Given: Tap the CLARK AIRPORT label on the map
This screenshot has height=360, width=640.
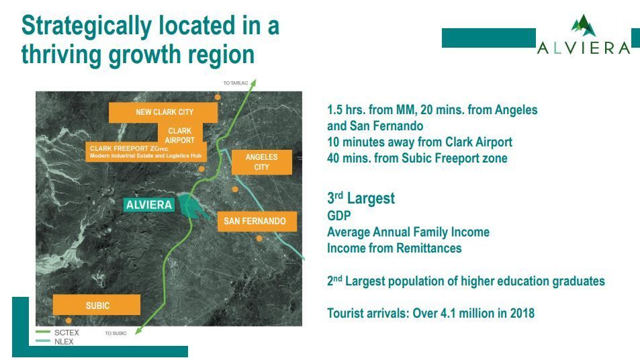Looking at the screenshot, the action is coord(179,135).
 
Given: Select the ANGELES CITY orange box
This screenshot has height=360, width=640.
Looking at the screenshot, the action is coord(262,162).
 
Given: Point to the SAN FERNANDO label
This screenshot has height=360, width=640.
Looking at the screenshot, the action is coord(257,221).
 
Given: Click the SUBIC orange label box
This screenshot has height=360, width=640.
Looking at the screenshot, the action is coord(97,305).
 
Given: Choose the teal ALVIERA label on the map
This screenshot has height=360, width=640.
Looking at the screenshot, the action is coord(149,204).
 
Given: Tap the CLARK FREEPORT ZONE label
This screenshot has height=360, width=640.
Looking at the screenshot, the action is coord(146,152).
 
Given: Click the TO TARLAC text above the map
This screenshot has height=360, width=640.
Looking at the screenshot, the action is coord(236,83).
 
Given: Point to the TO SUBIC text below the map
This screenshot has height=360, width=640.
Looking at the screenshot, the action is coord(116,333).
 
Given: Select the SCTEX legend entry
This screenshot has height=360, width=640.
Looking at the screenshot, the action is coord(58,332).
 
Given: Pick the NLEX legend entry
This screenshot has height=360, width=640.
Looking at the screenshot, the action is coord(54,341).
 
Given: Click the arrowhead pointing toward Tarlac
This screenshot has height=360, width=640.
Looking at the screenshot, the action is coord(253,83).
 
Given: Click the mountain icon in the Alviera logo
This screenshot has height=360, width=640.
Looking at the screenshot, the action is coord(584,26).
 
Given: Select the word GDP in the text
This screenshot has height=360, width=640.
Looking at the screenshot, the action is coord(338,216).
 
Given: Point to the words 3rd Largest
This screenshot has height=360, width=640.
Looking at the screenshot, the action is coord(361,198).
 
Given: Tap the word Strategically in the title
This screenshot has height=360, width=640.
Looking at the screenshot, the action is coord(87,26).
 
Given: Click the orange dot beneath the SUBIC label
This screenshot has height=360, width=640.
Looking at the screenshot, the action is coord(68,321).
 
